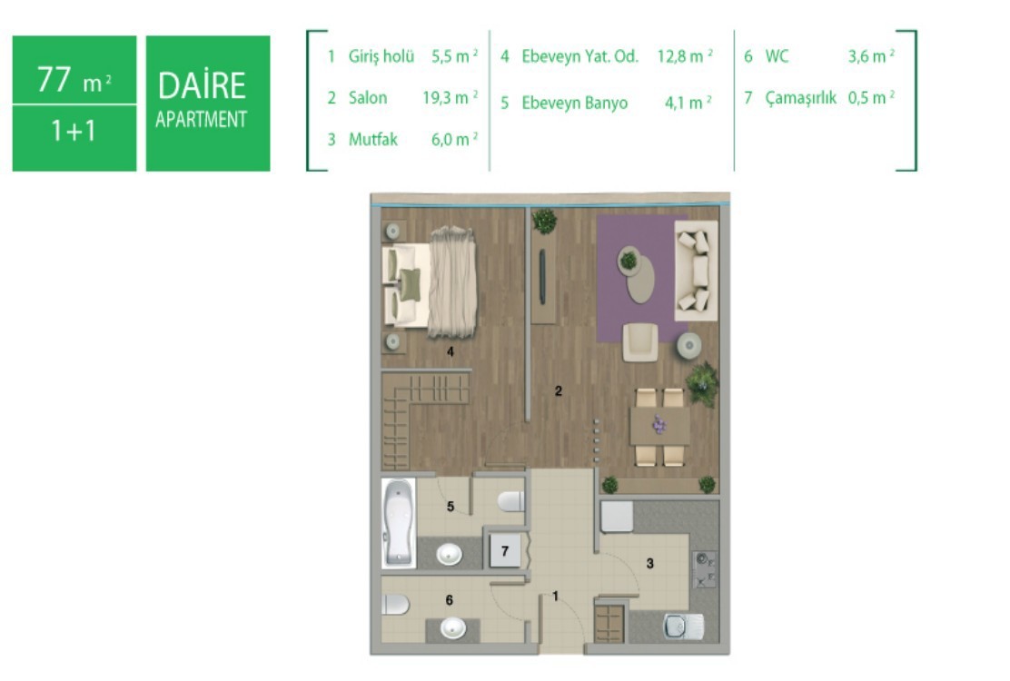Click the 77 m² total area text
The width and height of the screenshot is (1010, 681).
pos(74,80)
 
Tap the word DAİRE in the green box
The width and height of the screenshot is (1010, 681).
pos(202,84)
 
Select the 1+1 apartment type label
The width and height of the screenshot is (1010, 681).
pos(74,131)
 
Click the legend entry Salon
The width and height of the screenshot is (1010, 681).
pos(368,98)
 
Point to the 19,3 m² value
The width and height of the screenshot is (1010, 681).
pos(451,98)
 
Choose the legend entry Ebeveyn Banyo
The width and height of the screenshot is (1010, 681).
pos(575,103)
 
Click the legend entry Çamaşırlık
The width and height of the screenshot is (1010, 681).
pos(801,98)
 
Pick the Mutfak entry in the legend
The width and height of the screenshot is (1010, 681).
pos(373,140)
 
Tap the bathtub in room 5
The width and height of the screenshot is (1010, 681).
pos(398,523)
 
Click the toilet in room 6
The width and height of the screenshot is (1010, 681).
pos(395,605)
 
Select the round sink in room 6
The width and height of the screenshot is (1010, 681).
pos(453,627)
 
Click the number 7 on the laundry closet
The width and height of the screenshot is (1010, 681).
pos(505,551)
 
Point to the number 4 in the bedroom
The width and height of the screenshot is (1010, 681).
pos(451,351)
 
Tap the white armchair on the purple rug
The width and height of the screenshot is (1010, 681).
pos(640,341)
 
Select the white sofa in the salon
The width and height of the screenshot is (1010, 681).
pos(696,271)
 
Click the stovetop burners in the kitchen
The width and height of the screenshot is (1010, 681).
pos(704,569)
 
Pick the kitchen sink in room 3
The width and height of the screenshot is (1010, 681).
pos(683,626)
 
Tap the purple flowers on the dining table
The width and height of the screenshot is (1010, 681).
pos(658,424)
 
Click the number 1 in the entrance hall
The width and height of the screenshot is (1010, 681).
pos(556,597)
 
